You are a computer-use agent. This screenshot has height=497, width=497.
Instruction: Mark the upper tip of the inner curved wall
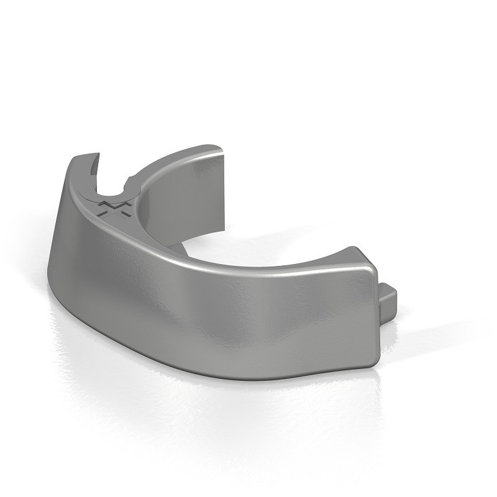214,148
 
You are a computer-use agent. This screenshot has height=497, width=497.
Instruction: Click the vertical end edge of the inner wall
222,186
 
